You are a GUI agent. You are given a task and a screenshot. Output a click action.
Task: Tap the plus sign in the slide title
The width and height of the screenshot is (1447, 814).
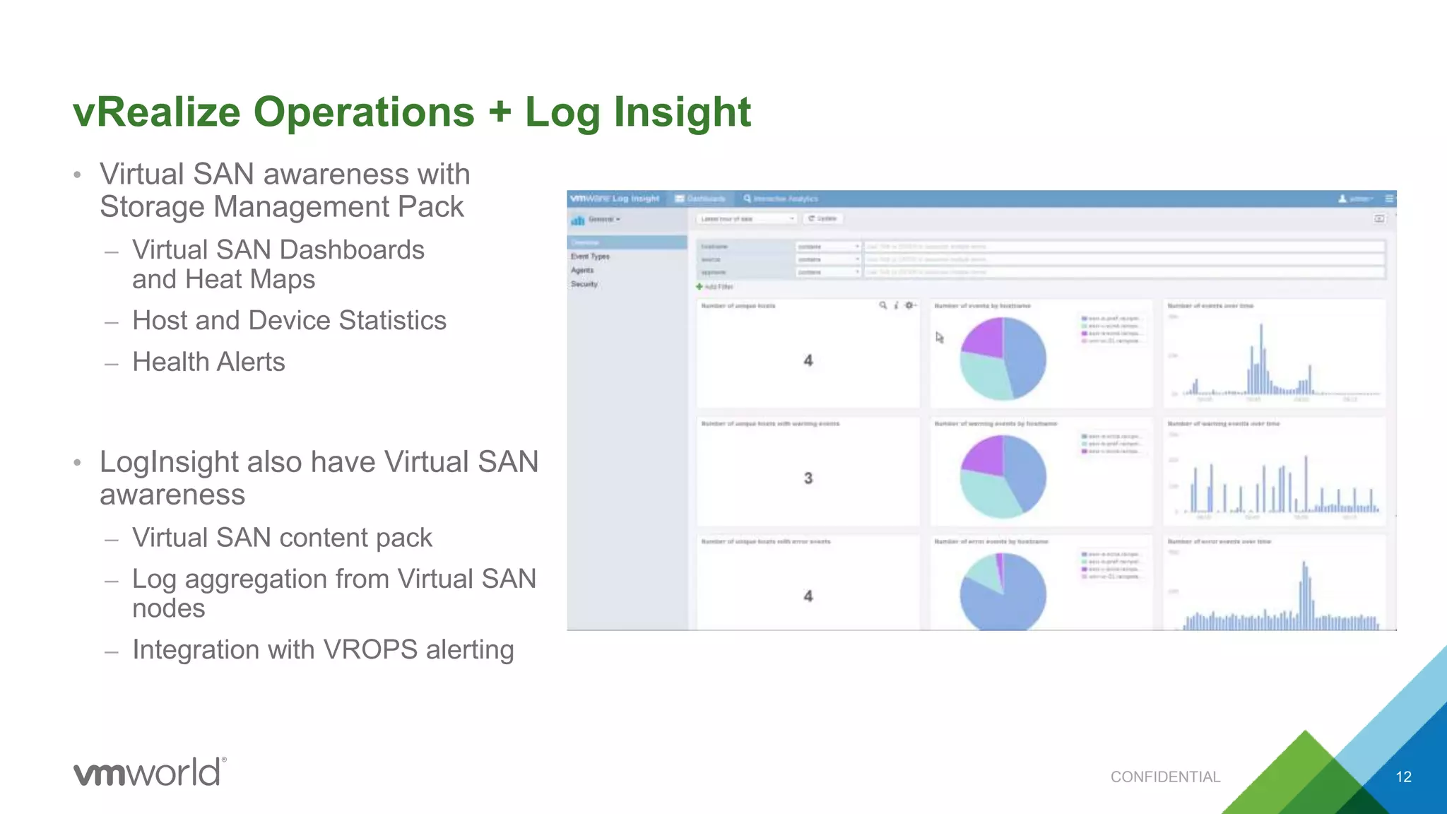coord(500,112)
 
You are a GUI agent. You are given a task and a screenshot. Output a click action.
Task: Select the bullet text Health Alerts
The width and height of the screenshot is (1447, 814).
coord(208,362)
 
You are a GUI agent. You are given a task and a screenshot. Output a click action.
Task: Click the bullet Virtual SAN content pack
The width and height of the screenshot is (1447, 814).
coord(282,538)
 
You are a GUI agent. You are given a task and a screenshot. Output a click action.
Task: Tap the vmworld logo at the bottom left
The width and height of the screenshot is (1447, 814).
coord(150,772)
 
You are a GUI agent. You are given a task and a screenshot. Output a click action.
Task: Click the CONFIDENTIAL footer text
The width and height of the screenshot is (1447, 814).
coord(1165,777)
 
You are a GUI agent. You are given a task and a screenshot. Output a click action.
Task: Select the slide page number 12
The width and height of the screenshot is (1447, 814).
coord(1403,777)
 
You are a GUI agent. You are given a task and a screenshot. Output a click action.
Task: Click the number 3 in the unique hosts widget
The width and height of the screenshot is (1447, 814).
coord(808,478)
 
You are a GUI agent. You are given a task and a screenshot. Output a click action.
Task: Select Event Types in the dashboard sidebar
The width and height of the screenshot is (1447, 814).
coord(590,256)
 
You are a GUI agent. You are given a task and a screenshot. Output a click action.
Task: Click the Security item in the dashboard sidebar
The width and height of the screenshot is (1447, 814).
coord(584,284)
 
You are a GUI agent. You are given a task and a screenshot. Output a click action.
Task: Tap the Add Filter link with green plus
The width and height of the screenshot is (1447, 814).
coord(715,287)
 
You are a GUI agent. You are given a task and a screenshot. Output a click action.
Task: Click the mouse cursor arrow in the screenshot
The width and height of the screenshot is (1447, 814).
coord(939,338)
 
